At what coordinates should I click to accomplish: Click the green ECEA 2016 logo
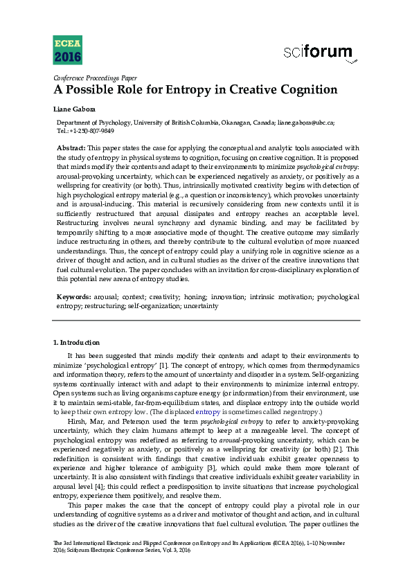pos(66,48)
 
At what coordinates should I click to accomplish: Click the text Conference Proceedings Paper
pos(95,78)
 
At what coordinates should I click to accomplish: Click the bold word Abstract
pos(71,147)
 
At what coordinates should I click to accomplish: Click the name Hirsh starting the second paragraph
pos(78,420)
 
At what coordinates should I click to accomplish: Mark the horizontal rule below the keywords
pos(206,321)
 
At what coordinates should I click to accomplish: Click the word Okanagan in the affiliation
pos(240,123)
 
